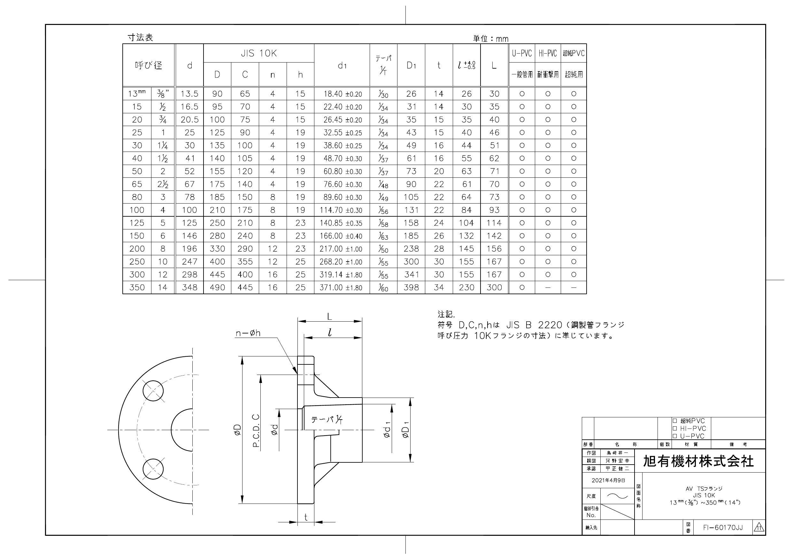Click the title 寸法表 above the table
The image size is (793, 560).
tap(140, 38)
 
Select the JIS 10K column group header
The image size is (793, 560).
tap(259, 54)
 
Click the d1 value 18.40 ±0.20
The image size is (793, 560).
tap(342, 94)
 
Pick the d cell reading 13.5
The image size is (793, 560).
tap(189, 94)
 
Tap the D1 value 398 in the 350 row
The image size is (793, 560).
tap(411, 287)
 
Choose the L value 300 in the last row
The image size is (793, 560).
tap(494, 287)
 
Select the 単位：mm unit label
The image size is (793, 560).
tap(490, 39)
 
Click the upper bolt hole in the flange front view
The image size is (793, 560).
tap(153, 391)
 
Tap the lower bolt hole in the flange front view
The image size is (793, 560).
tap(153, 469)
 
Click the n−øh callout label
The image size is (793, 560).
tap(248, 333)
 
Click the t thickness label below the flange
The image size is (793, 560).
tap(306, 517)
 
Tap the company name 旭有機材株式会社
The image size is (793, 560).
tap(698, 461)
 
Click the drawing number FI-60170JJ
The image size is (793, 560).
tap(722, 527)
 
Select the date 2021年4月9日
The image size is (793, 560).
tap(608, 480)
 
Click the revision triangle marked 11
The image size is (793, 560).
tap(759, 527)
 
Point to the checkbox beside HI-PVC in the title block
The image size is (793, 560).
tap(674, 428)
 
